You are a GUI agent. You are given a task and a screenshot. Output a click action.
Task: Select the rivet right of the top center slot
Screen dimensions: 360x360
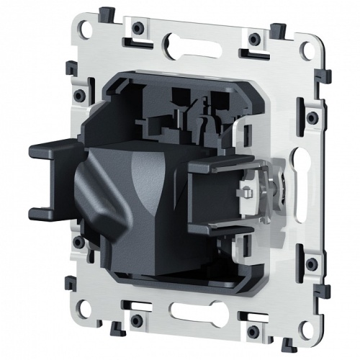(x=254, y=37)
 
